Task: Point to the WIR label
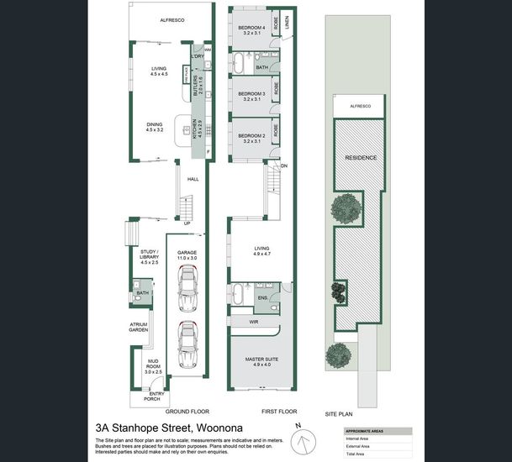pyautogui.click(x=254, y=322)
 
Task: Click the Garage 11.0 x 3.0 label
pyautogui.click(x=186, y=255)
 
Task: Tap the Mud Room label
pyautogui.click(x=148, y=362)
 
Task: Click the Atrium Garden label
pyautogui.click(x=138, y=327)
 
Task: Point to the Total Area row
pyautogui.click(x=358, y=454)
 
